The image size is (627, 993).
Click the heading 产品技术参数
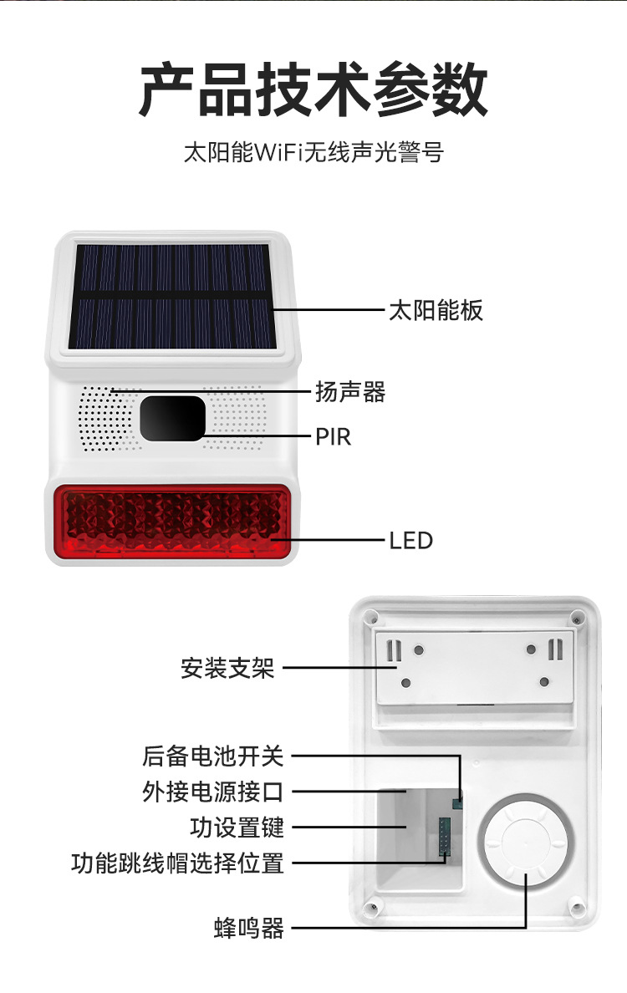[313, 90]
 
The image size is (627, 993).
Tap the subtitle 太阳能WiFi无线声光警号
[313, 154]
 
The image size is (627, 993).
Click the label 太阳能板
[436, 311]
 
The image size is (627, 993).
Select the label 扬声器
[350, 391]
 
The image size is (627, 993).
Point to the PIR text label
[333, 436]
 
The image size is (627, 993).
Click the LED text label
[410, 540]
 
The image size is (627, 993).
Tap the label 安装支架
[227, 669]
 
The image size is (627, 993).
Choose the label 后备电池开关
[213, 756]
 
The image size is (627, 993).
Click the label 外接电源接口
[213, 792]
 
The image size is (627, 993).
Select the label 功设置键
[237, 827]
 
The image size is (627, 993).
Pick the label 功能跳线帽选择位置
[177, 863]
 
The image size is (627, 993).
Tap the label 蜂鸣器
[249, 928]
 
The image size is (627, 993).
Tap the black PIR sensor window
[172, 418]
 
